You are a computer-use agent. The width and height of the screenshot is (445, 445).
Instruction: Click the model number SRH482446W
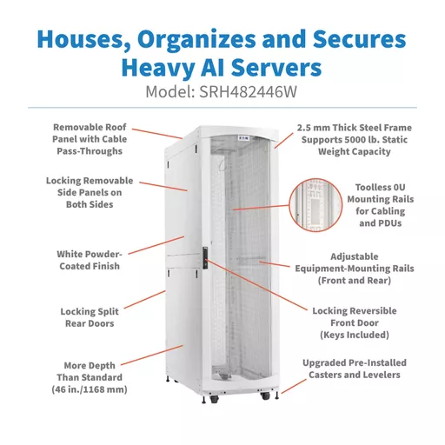(x=248, y=92)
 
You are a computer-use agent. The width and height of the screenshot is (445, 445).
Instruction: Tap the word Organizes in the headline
(x=196, y=39)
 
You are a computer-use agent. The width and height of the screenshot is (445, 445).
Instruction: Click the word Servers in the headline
(x=276, y=68)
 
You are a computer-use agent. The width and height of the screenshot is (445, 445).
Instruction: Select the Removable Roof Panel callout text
(x=90, y=139)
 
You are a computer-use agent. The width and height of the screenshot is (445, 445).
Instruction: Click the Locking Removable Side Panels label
(x=90, y=192)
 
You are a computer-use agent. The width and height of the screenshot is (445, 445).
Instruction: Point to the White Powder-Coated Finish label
(x=90, y=260)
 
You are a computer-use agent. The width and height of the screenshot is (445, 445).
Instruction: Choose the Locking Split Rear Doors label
(x=90, y=317)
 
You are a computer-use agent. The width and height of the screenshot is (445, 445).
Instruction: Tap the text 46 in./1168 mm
(x=90, y=389)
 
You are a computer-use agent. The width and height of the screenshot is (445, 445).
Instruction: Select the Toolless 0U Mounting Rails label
(x=381, y=205)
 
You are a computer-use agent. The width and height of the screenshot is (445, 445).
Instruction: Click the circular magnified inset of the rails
(x=315, y=205)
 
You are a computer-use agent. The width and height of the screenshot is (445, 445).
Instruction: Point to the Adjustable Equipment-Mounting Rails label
(x=355, y=269)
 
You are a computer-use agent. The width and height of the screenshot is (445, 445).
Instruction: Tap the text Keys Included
(x=355, y=335)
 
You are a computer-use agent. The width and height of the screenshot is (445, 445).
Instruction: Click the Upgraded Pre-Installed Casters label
(x=355, y=369)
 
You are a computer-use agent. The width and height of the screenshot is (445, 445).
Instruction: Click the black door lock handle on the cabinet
(x=205, y=258)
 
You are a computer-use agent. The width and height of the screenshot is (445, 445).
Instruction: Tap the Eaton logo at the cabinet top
(x=243, y=138)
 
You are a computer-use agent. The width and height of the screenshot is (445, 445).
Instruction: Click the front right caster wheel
(x=265, y=396)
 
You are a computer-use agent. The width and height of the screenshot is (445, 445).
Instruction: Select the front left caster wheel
(x=215, y=399)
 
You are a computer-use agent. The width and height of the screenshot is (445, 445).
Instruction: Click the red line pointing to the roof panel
(x=157, y=134)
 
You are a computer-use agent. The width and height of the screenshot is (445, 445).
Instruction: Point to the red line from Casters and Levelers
(x=294, y=387)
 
